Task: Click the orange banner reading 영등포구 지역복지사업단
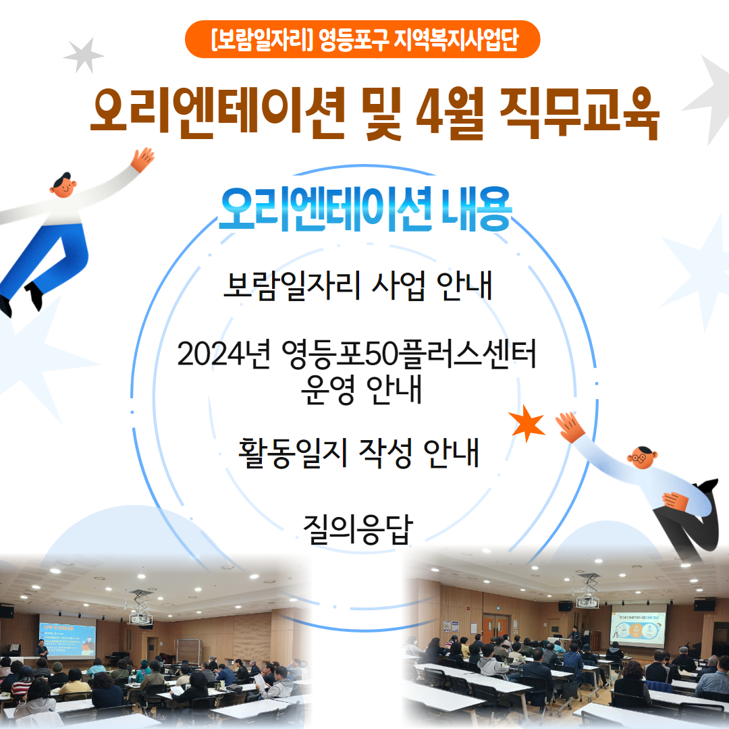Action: point(362,39)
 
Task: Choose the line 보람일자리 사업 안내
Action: point(358,287)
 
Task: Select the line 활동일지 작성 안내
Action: point(358,453)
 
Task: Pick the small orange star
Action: point(527,423)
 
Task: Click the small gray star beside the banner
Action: point(84,55)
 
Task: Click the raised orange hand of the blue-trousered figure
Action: point(142,159)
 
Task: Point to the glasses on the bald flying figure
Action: point(637,458)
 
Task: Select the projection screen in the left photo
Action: point(67,637)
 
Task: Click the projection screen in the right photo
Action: point(638,624)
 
